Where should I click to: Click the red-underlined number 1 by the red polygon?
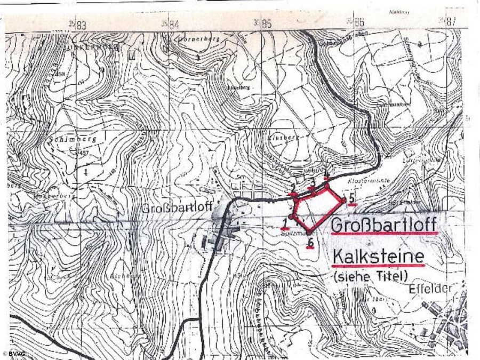pos(285,221)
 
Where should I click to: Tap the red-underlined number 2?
pos(293,188)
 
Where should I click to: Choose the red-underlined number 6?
pos(310,243)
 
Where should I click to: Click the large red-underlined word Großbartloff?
pos(384,226)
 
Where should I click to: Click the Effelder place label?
pos(433,289)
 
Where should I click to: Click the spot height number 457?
pos(82,154)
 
